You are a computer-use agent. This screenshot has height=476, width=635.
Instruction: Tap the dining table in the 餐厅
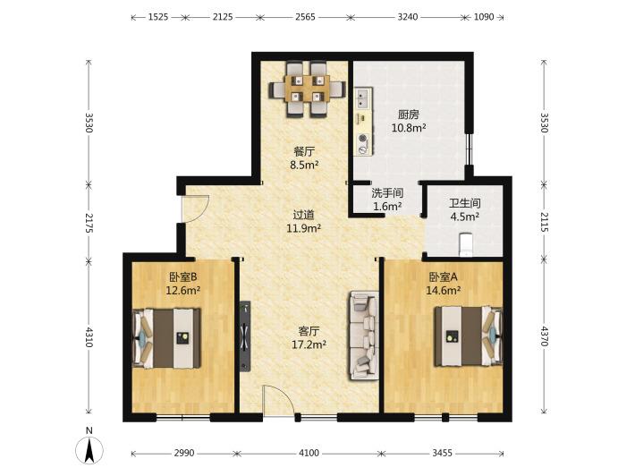click(309, 89)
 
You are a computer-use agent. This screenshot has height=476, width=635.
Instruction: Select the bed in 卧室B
click(166, 338)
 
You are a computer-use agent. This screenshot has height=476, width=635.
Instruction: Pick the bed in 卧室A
click(469, 336)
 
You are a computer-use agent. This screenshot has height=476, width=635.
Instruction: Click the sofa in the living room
click(364, 336)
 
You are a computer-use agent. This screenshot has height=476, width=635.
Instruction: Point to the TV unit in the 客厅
click(245, 336)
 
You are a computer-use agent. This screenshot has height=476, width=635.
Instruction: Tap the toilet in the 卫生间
click(467, 244)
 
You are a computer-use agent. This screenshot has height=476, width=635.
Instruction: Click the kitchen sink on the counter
click(362, 98)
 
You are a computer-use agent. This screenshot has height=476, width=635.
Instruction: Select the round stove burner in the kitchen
click(363, 138)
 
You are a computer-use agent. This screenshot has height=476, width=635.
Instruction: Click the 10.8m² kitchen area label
click(409, 128)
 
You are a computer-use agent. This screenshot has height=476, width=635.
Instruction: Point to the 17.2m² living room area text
click(309, 344)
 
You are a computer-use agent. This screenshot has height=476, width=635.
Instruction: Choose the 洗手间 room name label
click(387, 193)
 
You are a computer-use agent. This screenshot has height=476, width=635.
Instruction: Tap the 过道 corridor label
click(304, 215)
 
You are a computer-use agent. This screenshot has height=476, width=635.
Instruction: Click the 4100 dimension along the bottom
click(309, 453)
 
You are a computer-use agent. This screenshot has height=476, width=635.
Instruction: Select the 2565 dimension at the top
click(305, 17)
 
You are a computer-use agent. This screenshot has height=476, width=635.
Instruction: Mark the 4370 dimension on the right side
click(544, 336)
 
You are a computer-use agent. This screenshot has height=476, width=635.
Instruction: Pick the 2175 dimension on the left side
click(89, 223)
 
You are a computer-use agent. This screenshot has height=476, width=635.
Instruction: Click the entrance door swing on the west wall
click(195, 208)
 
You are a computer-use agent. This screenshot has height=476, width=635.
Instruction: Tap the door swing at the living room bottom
click(279, 400)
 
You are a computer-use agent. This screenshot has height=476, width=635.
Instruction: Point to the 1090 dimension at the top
click(484, 17)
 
